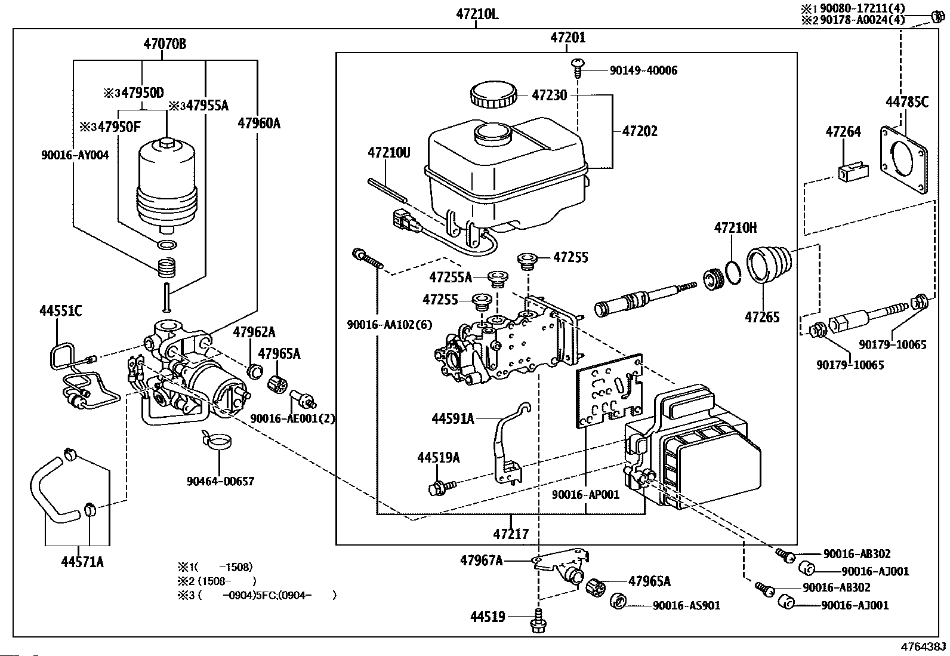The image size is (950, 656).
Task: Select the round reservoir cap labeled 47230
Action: click(493, 96)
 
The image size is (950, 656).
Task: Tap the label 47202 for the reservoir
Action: click(640, 131)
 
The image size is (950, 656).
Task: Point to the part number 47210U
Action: click(389, 153)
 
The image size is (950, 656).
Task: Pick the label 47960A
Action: click(258, 124)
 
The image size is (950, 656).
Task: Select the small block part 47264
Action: click(849, 172)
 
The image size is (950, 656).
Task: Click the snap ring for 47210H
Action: click(735, 272)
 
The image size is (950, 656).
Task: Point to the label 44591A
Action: click(452, 419)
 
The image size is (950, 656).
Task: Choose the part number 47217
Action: click(511, 533)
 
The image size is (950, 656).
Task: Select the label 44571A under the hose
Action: click(82, 562)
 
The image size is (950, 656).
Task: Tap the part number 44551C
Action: click(60, 311)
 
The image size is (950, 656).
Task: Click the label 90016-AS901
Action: click(686, 605)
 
